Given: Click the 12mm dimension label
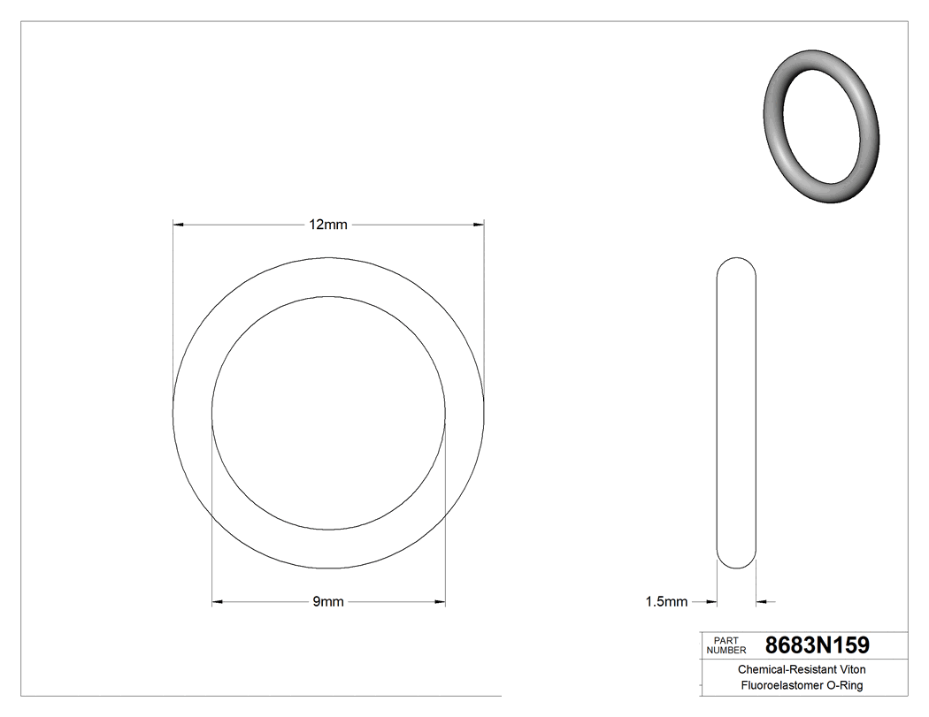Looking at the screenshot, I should point(327,225).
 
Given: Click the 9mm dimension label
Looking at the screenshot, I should point(327,602).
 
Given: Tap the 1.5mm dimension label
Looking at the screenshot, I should point(666,602).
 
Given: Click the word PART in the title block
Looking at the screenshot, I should point(725,640).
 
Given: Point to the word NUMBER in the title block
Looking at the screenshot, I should point(727,650).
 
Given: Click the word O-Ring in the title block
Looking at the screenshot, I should point(844,685).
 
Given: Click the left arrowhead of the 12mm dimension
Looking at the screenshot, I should point(177,225).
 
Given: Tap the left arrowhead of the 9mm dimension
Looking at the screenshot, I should point(217,602).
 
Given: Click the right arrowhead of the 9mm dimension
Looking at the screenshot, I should point(440,602).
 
